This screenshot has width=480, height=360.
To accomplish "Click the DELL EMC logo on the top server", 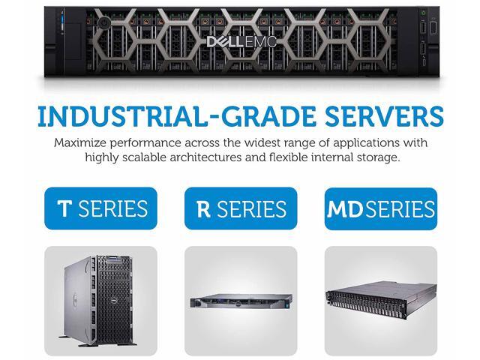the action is pyautogui.click(x=240, y=41).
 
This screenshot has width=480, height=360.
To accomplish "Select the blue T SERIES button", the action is pyautogui.click(x=101, y=208).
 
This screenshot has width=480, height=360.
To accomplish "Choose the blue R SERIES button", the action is pyautogui.click(x=241, y=208).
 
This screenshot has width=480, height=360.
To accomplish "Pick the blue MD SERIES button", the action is pyautogui.click(x=380, y=208).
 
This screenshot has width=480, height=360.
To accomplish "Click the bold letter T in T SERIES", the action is pyautogui.click(x=64, y=208).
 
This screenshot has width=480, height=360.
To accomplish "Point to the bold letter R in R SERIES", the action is pyautogui.click(x=202, y=208).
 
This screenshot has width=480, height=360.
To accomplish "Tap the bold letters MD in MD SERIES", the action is pyautogui.click(x=344, y=208).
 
